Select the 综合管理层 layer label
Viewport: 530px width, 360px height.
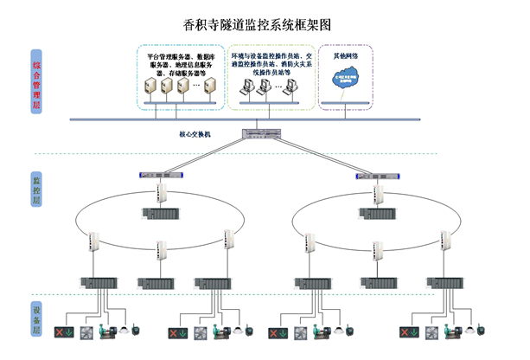(x=36, y=80)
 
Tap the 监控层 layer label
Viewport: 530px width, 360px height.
(x=36, y=188)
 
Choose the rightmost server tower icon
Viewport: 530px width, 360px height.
(x=200, y=87)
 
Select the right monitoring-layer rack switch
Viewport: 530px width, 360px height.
(x=371, y=175)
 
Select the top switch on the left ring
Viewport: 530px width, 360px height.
(x=161, y=192)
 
